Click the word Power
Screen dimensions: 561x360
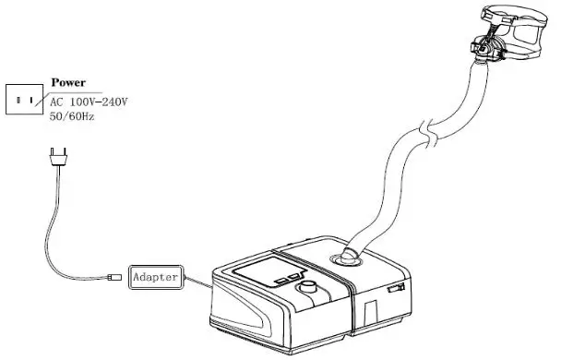click(x=69, y=83)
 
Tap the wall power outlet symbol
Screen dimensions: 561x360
click(x=24, y=99)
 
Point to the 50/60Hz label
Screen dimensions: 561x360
click(x=73, y=116)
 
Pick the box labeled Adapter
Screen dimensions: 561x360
click(x=158, y=276)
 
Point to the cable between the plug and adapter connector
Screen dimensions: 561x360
click(x=61, y=231)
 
